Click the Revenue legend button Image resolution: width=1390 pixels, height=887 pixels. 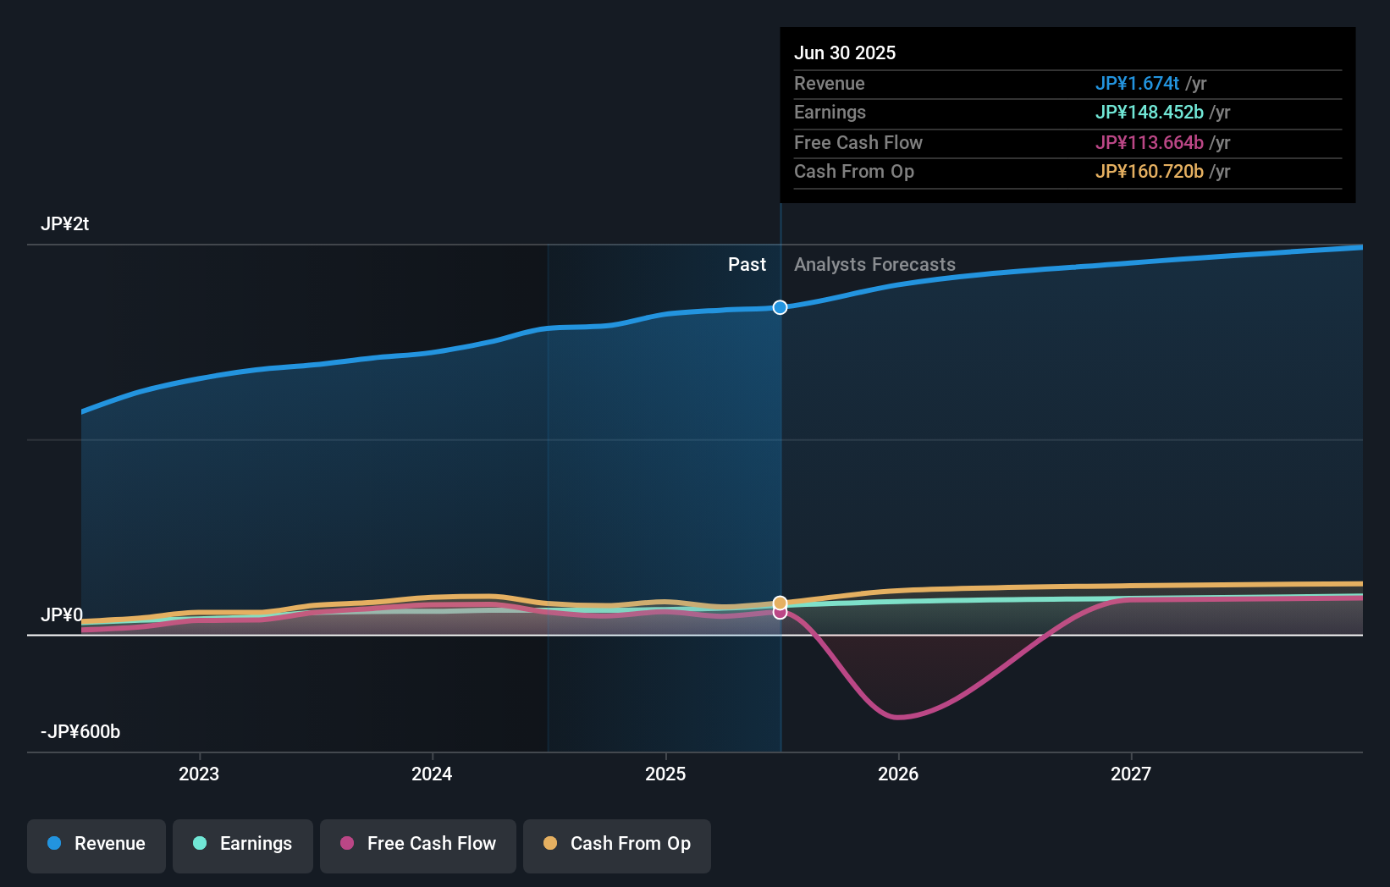pos(97,845)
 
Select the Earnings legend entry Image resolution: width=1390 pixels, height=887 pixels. pos(243,845)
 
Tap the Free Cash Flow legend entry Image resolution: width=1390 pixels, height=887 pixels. pos(418,845)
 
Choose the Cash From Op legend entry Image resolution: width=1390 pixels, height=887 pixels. pos(617,845)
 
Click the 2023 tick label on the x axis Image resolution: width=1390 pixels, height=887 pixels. pos(199,774)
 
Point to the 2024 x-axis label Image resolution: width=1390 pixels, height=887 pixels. pos(432,774)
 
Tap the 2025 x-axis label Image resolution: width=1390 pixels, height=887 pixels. pos(665,774)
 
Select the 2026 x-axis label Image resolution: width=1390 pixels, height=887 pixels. pos(898,774)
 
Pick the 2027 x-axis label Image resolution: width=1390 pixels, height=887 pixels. pos(1131,774)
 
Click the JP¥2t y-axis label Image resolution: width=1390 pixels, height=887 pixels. pos(64,224)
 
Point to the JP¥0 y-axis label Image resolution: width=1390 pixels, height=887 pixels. pos(62,615)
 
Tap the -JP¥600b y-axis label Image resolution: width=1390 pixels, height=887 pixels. pos(80,732)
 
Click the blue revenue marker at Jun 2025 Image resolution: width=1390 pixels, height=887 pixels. pos(780,307)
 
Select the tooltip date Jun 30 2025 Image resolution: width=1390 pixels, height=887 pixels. pos(845,53)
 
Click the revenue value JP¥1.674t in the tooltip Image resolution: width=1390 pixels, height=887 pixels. pos(1137,84)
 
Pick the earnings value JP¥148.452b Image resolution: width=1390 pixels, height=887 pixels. pos(1149,113)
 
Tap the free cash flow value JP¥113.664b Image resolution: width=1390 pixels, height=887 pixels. pos(1149,143)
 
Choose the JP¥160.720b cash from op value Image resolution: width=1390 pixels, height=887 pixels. pos(1149,172)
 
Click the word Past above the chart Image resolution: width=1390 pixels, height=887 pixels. pos(747,265)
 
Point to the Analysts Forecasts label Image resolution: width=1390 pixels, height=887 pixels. pos(874,265)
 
